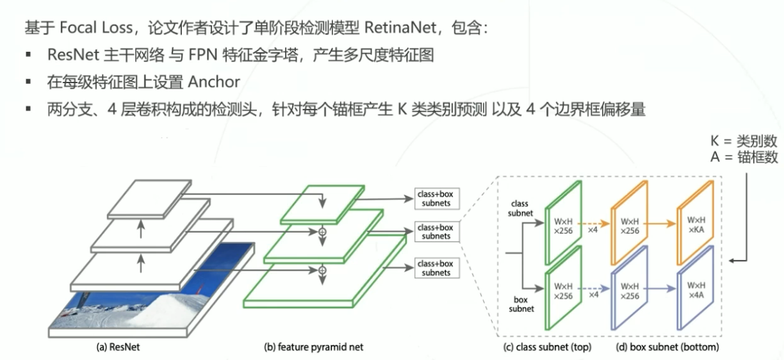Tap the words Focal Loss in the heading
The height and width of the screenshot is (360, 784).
point(95,28)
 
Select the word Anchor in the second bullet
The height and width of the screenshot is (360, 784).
point(213,82)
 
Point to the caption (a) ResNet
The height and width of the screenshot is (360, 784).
point(118,347)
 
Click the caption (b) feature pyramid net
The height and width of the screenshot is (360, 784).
point(313,347)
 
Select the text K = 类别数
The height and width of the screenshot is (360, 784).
point(744,141)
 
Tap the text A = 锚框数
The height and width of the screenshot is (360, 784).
point(744,157)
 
